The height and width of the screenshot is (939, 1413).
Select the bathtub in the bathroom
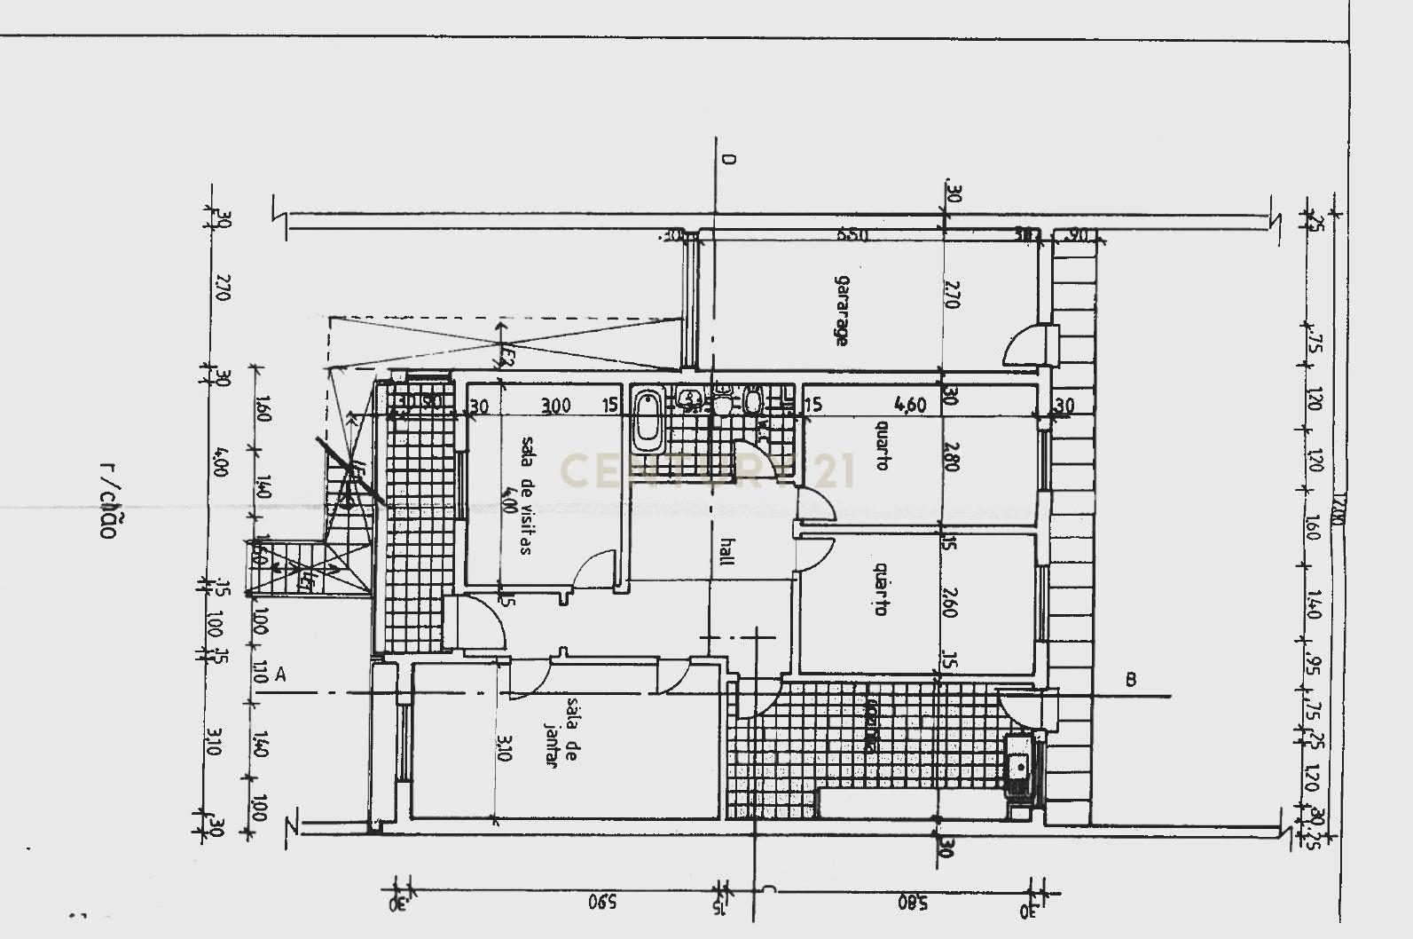click(648, 421)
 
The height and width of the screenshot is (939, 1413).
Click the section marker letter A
click(280, 675)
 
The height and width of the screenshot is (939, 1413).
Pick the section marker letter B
click(1131, 680)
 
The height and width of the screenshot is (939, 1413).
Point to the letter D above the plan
click(729, 160)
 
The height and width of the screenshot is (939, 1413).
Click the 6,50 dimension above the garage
click(852, 236)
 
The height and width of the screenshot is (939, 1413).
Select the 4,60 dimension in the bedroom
click(911, 406)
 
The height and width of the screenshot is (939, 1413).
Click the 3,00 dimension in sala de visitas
click(555, 406)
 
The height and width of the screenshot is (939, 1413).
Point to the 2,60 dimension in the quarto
click(949, 603)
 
